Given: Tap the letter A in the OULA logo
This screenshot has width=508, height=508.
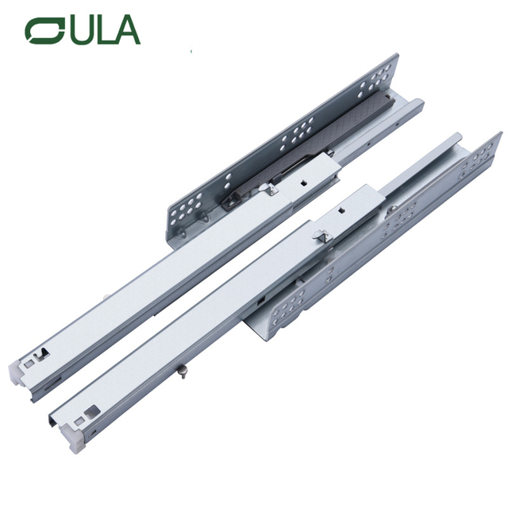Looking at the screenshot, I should [126, 30].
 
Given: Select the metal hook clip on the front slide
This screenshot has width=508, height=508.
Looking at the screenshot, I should [320, 236].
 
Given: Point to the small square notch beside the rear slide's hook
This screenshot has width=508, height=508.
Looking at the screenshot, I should [302, 179].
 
